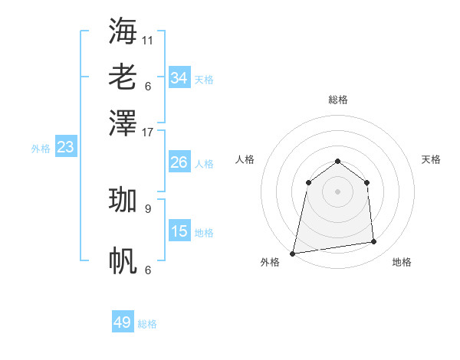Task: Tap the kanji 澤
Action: [x=123, y=123]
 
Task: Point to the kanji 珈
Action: [x=123, y=200]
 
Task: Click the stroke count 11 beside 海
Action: [x=148, y=39]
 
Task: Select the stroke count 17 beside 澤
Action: [x=148, y=131]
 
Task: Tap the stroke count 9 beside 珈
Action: [x=148, y=208]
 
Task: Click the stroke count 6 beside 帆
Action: [x=148, y=270]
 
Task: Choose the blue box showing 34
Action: [x=179, y=78]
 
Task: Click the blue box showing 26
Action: [x=179, y=162]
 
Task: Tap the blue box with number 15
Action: [x=179, y=231]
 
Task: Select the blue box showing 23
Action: [x=65, y=147]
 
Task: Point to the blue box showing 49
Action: [x=123, y=322]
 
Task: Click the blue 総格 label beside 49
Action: [x=147, y=324]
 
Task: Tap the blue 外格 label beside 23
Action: [x=41, y=149]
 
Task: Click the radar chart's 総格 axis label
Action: [x=337, y=100]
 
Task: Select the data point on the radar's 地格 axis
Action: [x=374, y=242]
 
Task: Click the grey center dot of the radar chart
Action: [x=337, y=191]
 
